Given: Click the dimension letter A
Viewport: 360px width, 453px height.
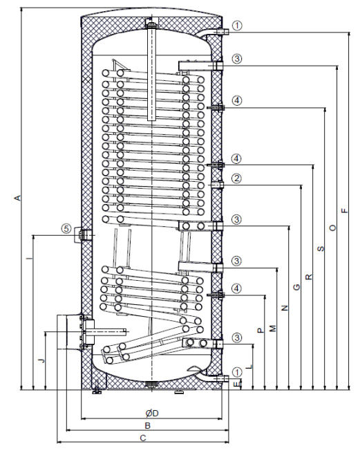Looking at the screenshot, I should tap(18, 199).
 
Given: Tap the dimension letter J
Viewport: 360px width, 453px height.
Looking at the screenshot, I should tap(41, 360).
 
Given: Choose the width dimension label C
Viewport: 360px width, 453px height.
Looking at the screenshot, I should tap(143, 438).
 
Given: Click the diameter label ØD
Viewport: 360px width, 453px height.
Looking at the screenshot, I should tap(153, 413).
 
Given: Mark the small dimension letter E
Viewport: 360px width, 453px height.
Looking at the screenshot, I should tap(238, 383).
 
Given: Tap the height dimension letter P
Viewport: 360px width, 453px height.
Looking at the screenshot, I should tap(260, 332).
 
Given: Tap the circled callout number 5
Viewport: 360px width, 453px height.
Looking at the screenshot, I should tap(66, 228).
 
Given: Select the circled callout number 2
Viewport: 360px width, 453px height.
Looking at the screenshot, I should tap(236, 178).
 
